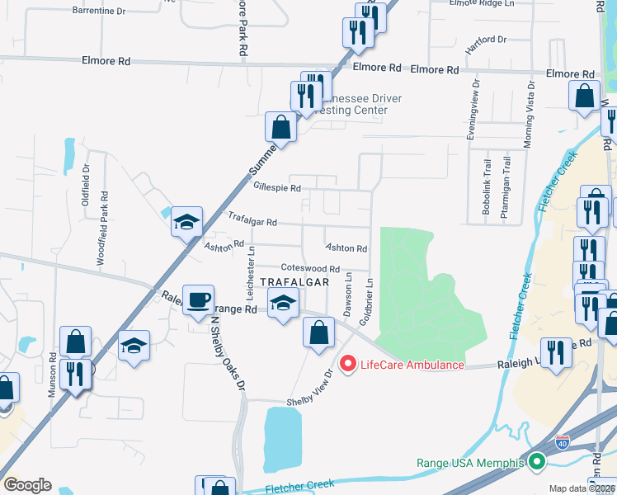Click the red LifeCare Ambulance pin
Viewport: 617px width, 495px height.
click(x=348, y=364)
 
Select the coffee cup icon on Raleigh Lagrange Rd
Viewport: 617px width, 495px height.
click(x=199, y=300)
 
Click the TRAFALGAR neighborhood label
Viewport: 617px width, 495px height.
click(x=294, y=281)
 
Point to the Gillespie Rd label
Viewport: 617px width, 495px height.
click(x=277, y=188)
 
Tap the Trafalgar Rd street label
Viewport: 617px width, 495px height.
click(x=252, y=223)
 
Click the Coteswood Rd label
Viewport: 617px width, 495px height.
click(x=310, y=269)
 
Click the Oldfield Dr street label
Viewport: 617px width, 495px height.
click(x=86, y=181)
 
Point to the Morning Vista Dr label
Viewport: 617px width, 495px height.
click(x=527, y=114)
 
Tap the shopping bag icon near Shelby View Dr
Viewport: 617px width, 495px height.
click(x=318, y=333)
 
